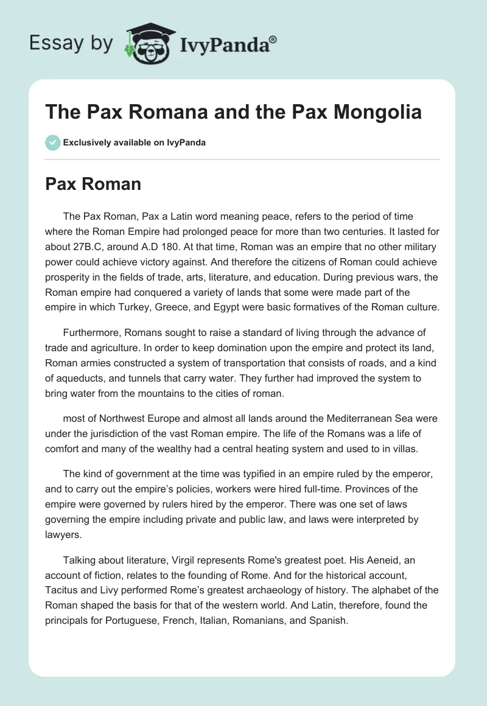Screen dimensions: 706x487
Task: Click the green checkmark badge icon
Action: pyautogui.click(x=52, y=142)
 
